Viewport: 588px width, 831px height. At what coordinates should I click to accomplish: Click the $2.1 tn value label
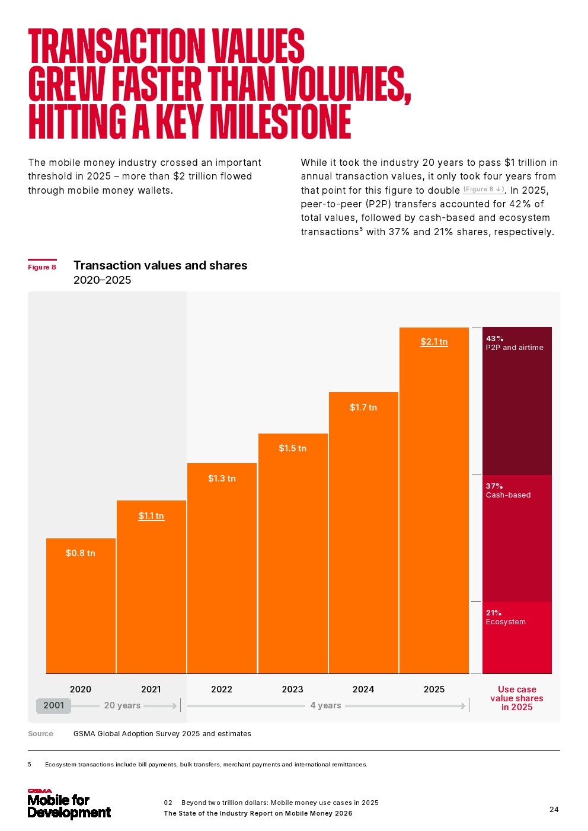click(434, 342)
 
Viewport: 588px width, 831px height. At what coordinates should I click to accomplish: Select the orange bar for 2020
click(81, 610)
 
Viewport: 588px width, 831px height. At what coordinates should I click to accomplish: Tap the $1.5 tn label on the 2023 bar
click(292, 448)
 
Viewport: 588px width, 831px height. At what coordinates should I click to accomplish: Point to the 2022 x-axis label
click(222, 689)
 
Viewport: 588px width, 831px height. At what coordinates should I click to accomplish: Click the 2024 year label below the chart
click(363, 689)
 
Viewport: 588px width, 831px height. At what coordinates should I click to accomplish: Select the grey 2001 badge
click(53, 705)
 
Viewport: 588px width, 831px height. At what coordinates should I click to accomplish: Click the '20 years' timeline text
click(122, 705)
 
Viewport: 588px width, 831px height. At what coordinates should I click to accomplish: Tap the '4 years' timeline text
click(325, 705)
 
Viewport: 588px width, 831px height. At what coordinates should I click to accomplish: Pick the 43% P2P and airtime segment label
click(514, 344)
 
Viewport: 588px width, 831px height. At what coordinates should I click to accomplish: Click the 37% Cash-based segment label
click(508, 491)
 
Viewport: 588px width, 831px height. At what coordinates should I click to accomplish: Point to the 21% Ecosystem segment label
click(506, 618)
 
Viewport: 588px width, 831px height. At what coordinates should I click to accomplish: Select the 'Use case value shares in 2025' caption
click(517, 698)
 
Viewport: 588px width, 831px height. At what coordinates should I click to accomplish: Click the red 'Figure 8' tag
click(42, 267)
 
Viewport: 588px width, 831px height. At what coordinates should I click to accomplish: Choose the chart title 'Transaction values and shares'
click(160, 265)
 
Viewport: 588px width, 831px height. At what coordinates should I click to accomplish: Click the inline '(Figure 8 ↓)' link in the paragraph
click(484, 190)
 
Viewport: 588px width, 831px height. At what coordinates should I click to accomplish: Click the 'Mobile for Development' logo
click(69, 804)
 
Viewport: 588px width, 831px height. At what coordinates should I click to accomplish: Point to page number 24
click(554, 810)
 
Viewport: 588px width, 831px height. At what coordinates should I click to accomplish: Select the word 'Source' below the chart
click(40, 734)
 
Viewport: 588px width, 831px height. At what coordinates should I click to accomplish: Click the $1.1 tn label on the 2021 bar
click(151, 516)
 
